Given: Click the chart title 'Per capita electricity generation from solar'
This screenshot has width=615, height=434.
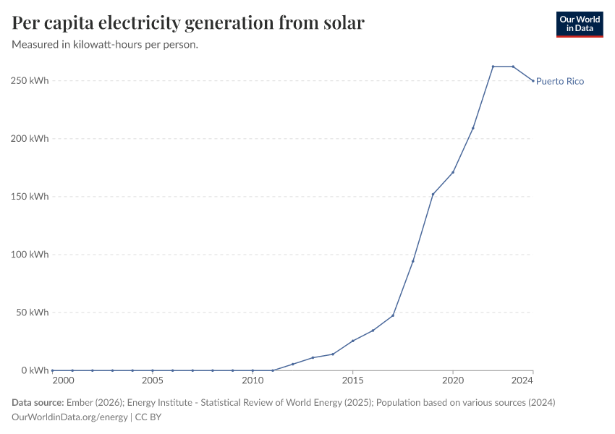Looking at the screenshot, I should [x=188, y=23].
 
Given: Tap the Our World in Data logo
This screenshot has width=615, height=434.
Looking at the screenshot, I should [x=579, y=24].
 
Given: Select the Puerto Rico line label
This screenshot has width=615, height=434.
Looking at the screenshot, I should [x=560, y=82].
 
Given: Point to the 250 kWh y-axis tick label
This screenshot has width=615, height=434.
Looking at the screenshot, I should [x=30, y=80].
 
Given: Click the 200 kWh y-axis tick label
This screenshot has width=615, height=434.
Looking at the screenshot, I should [x=30, y=138].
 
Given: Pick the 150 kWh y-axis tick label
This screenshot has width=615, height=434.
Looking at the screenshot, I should [x=30, y=197].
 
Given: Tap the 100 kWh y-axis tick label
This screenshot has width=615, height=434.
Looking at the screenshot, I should [x=30, y=255].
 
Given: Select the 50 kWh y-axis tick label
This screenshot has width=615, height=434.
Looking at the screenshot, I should [x=32, y=312].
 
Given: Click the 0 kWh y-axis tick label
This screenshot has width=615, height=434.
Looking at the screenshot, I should [x=35, y=370].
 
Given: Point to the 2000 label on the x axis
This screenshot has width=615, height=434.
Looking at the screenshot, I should [x=63, y=380].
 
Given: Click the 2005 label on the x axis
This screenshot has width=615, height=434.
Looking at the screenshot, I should [x=152, y=380].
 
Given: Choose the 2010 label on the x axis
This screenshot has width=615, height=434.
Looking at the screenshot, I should [x=253, y=380].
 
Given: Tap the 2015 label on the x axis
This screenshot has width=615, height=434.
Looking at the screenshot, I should [x=352, y=380].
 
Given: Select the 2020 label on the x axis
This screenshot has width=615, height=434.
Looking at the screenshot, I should [x=453, y=380].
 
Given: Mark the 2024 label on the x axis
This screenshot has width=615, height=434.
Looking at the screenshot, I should [x=523, y=380].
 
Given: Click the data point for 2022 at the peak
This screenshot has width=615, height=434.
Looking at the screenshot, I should [x=493, y=67].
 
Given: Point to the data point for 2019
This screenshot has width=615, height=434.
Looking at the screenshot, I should [x=433, y=194].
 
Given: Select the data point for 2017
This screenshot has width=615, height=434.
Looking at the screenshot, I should [x=393, y=315].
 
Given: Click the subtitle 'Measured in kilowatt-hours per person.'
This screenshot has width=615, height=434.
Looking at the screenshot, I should [x=105, y=45].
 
